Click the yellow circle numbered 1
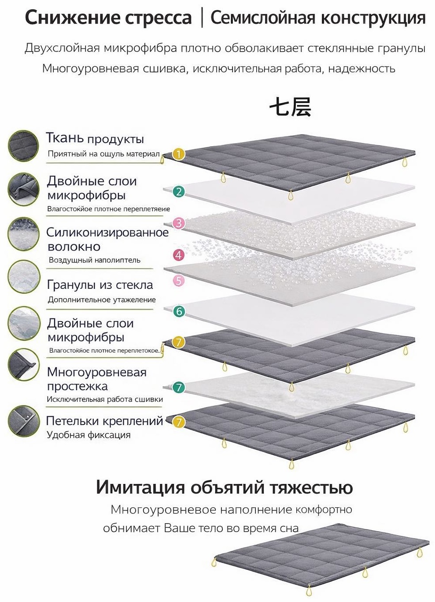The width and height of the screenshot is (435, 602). [x=179, y=155]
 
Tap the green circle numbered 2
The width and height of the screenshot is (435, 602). [x=179, y=192]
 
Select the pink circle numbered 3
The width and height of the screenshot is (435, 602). [x=179, y=223]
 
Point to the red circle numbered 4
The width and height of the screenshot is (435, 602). [x=179, y=255]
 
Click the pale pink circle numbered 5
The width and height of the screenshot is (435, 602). [x=179, y=281]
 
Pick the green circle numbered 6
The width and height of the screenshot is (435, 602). [x=179, y=311]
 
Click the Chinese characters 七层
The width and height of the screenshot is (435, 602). [x=290, y=107]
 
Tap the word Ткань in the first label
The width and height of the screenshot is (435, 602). [x=65, y=138]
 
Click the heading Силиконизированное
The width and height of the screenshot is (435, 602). [x=107, y=233]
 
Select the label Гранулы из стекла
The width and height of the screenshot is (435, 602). [x=100, y=284]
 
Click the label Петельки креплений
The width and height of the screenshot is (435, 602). [x=104, y=421]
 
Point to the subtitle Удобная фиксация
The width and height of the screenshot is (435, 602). [x=88, y=435]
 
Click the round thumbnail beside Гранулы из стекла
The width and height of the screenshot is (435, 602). [x=24, y=277]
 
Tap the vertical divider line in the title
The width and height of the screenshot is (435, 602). [x=202, y=18]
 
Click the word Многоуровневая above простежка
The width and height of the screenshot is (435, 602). [x=97, y=373]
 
